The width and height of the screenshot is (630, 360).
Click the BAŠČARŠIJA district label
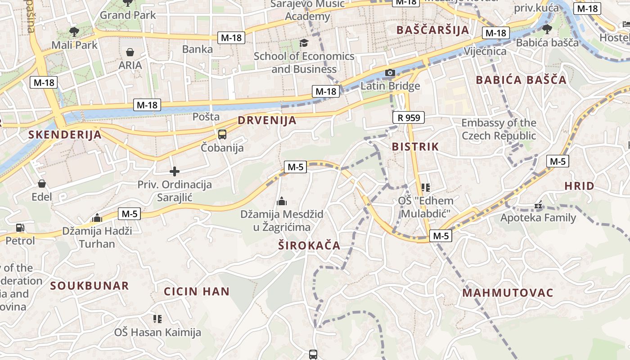[432, 30]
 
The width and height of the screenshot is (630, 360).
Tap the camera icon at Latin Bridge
[390, 73]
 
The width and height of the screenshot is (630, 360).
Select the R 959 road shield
[409, 118]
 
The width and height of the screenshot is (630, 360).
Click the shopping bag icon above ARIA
[130, 53]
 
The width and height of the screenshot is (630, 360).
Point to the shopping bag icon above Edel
[42, 184]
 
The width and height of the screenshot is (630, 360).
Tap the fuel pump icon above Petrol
[20, 228]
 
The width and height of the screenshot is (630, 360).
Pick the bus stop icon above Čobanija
[222, 135]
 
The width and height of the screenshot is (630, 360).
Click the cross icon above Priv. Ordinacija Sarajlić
[175, 171]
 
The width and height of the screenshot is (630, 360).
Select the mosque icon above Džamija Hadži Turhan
[97, 218]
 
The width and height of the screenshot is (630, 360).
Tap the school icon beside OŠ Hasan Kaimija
[157, 319]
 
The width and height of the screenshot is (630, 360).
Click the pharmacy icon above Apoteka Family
[538, 206]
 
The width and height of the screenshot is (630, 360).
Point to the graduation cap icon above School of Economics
[304, 43]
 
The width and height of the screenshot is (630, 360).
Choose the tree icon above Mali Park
[74, 32]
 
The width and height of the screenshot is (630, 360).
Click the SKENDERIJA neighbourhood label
[65, 135]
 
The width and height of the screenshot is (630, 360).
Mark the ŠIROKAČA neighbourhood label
[309, 246]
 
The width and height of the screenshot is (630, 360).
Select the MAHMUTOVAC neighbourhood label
[508, 293]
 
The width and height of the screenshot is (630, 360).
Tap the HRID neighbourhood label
[580, 186]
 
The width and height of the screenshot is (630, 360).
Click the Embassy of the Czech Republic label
[499, 129]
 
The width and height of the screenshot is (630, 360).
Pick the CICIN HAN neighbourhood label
[197, 292]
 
